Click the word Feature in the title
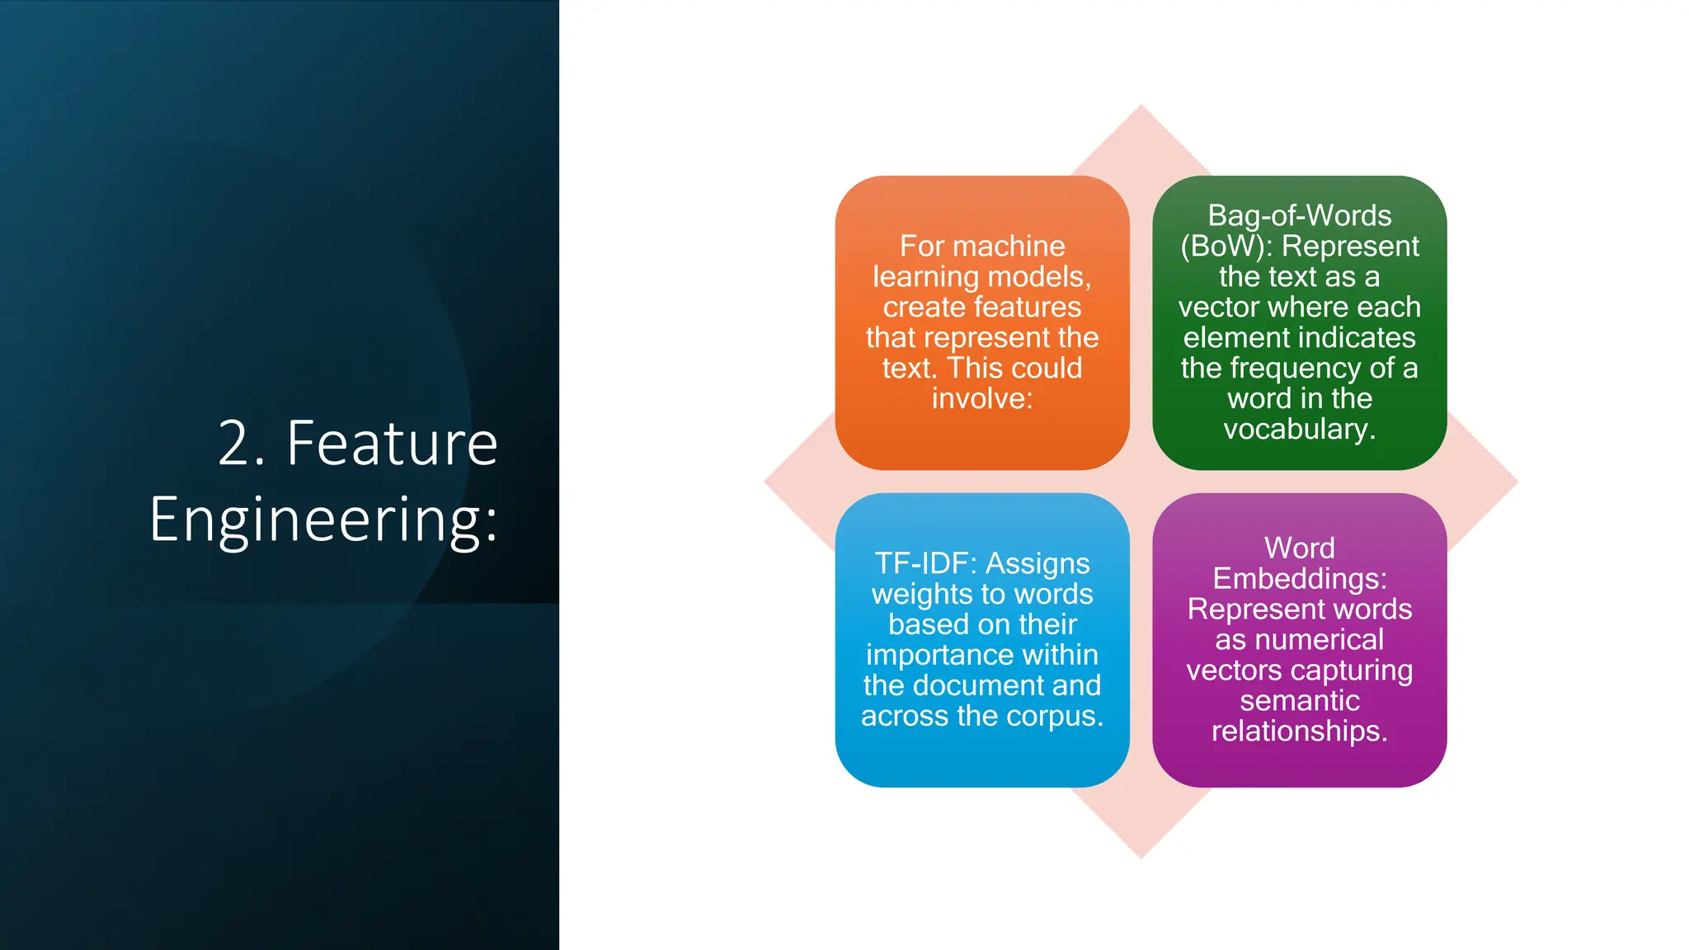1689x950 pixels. (392, 444)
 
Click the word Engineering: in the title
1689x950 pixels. (323, 520)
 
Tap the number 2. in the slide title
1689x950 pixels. (241, 444)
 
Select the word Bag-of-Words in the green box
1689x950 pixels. (1299, 215)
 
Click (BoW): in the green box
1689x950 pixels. (1226, 246)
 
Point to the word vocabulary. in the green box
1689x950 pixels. (1299, 429)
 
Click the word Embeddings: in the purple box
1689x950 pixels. (1299, 578)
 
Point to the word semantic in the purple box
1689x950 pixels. (1299, 700)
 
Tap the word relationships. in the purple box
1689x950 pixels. (1299, 731)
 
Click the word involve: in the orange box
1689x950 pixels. (981, 398)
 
